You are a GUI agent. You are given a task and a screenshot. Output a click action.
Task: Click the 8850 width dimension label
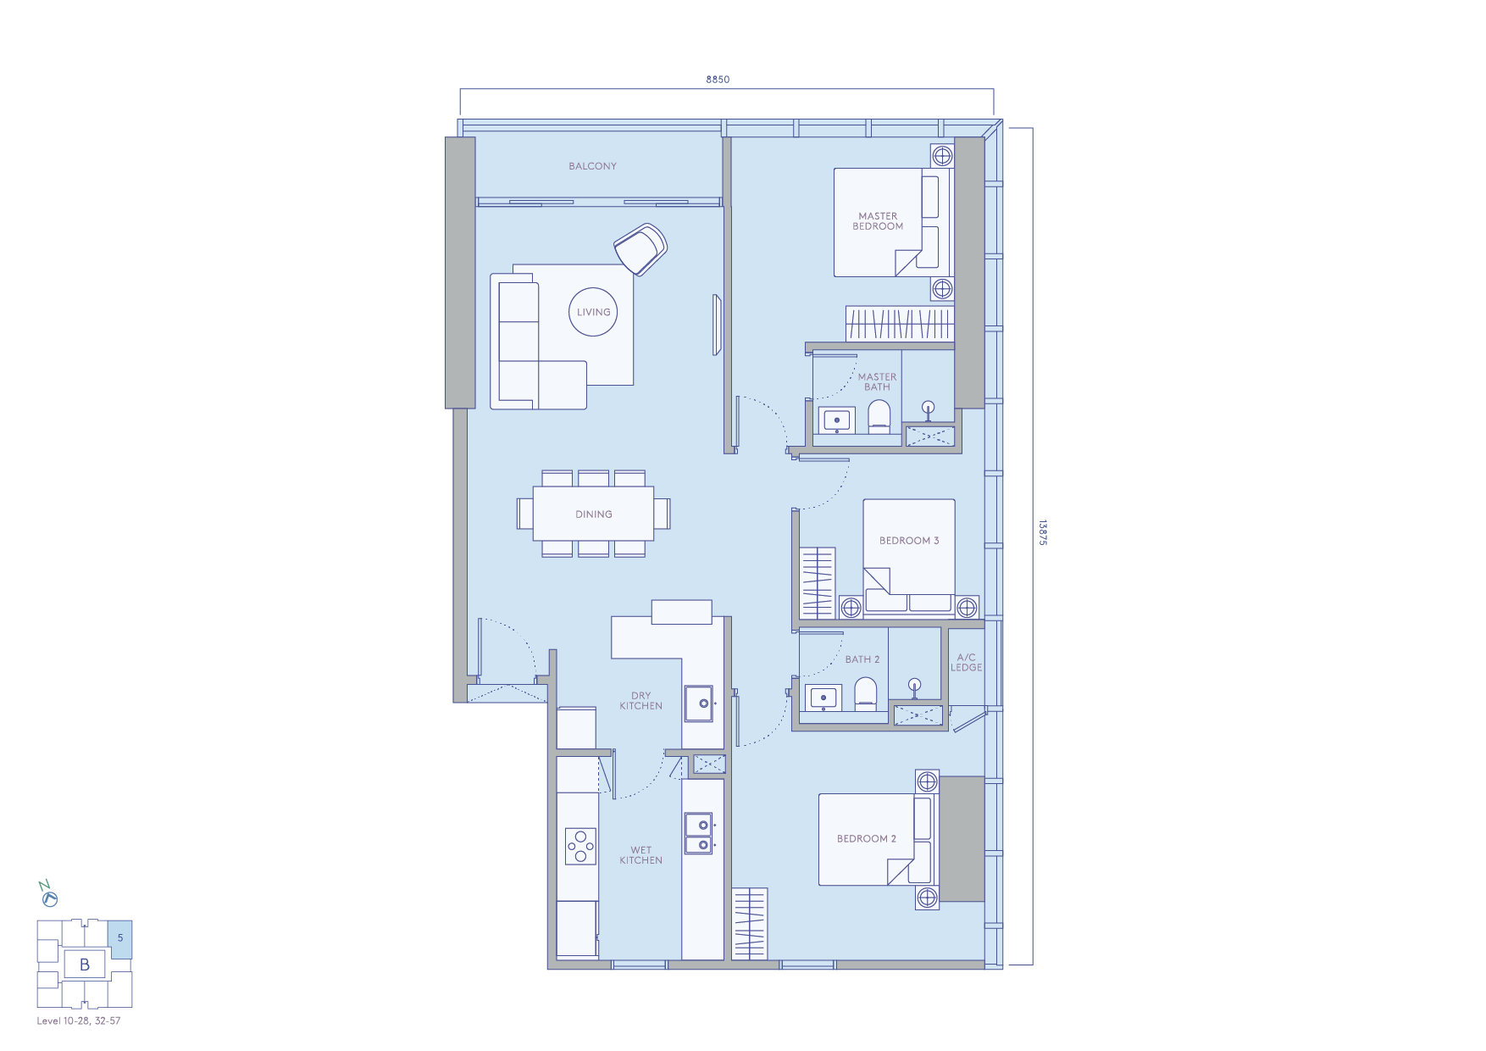point(718,80)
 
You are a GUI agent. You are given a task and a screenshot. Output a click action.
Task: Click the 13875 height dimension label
point(1043,532)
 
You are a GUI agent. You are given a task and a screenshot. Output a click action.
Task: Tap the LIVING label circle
point(593,312)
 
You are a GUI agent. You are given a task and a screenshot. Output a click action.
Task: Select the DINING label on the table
point(593,514)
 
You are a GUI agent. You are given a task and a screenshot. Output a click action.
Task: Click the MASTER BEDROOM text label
point(878,221)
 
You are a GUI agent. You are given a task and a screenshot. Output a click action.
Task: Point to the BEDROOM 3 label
point(909,541)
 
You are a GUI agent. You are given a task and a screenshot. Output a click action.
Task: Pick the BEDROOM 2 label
point(866,839)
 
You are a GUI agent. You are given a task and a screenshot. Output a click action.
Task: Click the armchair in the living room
point(641,248)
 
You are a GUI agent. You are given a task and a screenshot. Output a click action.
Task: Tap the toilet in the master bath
point(879,416)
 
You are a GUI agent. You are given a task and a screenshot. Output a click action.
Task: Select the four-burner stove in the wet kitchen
point(581,846)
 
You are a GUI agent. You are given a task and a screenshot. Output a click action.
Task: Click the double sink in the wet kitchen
point(699,834)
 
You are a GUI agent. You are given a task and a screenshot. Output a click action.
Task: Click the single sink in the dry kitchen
point(699,703)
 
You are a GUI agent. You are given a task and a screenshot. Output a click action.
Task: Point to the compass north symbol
point(48,895)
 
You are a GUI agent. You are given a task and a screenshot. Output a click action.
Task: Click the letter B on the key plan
point(85,965)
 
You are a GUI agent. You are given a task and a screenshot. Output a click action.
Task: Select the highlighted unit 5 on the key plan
point(120,938)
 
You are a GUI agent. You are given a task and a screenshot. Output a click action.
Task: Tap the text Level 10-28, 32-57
point(79,1021)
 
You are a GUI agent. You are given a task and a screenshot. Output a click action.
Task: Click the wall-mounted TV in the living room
point(717,325)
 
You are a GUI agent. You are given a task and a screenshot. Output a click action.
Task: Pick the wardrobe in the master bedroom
point(900,324)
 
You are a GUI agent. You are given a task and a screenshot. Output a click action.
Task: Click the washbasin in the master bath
point(837,420)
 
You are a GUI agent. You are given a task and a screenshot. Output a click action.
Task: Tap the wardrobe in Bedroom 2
point(750,924)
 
